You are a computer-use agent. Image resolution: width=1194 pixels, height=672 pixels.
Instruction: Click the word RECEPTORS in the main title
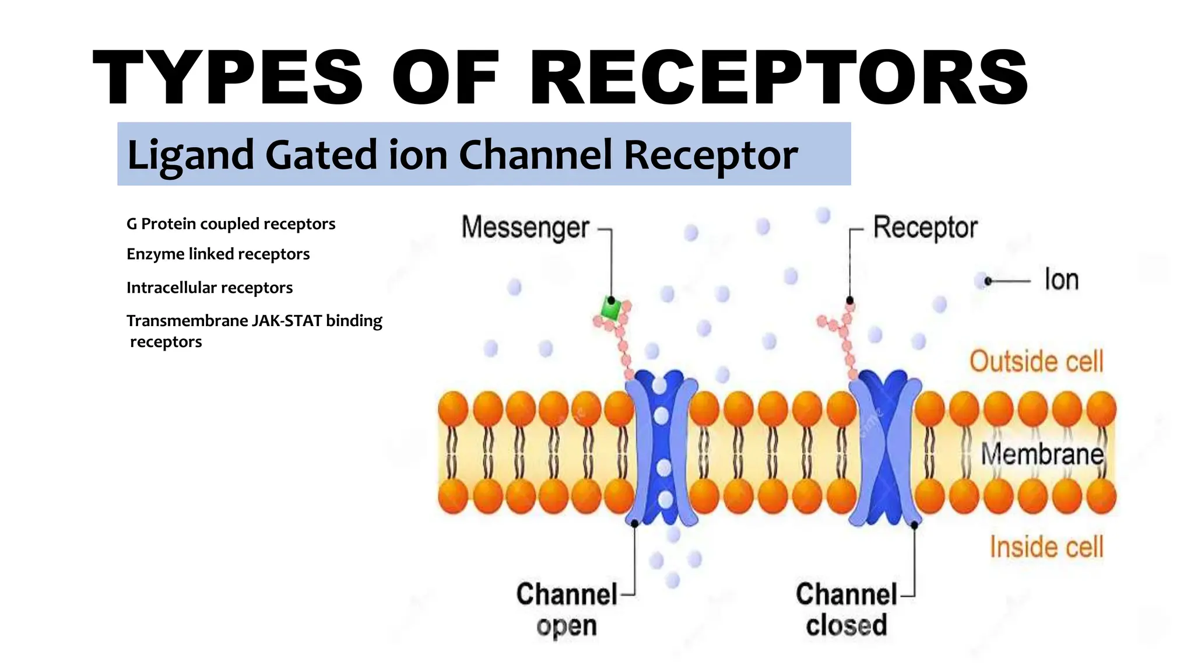778,78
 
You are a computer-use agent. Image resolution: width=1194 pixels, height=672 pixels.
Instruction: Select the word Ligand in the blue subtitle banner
191,155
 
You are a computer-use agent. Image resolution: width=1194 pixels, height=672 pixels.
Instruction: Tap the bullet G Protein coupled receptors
231,224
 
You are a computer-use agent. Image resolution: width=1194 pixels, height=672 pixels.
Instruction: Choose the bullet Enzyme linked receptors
218,254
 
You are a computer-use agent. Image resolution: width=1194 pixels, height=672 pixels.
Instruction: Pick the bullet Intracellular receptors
209,288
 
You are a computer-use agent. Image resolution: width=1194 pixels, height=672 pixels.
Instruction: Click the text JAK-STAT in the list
287,321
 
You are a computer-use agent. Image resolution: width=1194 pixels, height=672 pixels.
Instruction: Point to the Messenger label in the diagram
525,228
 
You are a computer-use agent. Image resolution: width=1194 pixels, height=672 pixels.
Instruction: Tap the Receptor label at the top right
925,228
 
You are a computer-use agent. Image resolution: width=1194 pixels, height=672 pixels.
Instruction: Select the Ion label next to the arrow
1061,279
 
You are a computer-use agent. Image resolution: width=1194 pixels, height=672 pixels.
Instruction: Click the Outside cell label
1036,361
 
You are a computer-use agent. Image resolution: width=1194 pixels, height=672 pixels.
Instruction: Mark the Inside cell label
1046,547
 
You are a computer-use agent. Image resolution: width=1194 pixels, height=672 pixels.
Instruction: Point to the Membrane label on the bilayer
1042,454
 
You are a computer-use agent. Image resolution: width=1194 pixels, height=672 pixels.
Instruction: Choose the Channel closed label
846,610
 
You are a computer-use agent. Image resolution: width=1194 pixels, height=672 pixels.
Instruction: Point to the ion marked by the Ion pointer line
982,281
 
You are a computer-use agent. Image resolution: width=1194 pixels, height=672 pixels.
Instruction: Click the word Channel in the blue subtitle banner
535,155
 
